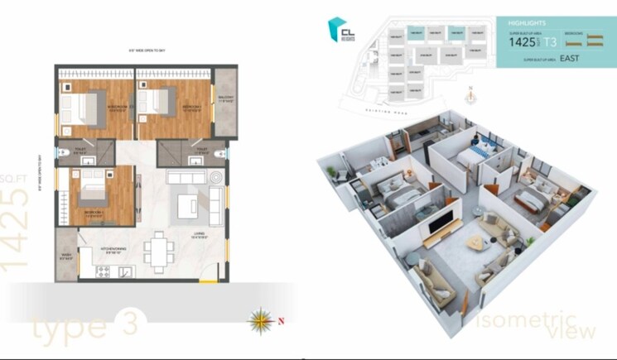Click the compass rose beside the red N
tap(261, 319)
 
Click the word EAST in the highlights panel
tap(569, 59)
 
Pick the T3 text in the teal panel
tap(551, 41)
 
